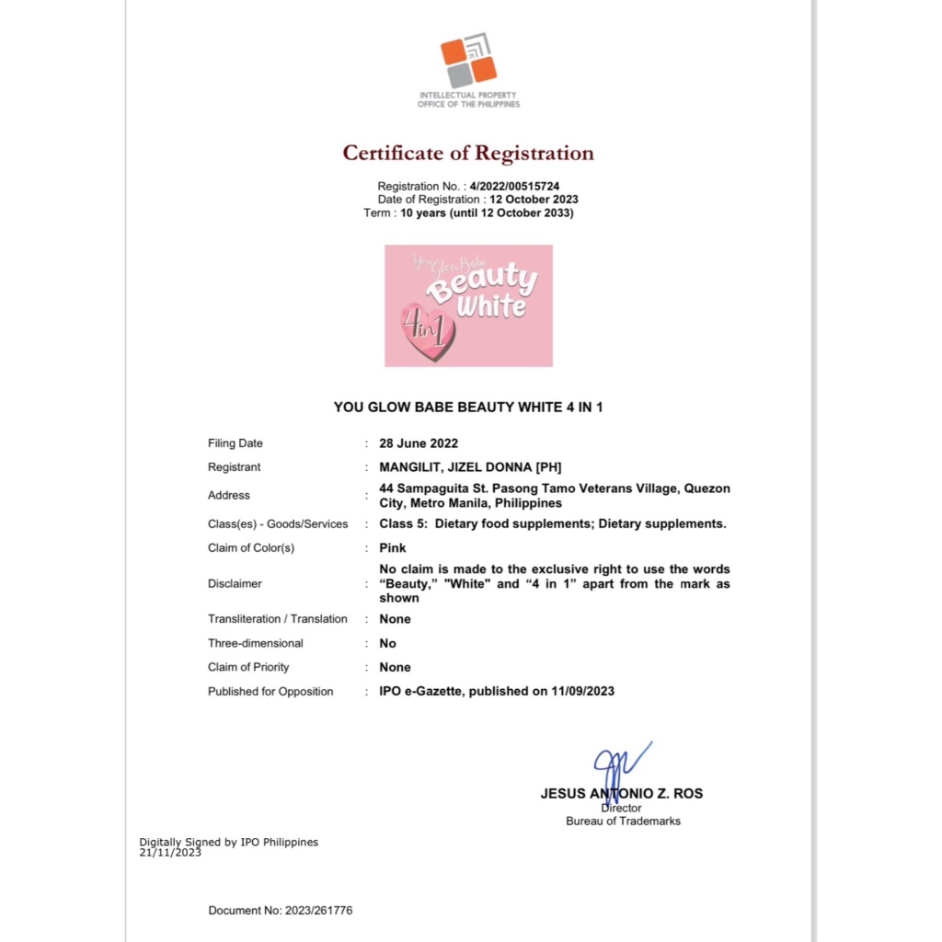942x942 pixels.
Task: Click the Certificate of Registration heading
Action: [x=468, y=153]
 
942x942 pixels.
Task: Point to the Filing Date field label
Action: [x=235, y=443]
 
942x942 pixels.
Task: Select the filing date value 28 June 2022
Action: [x=419, y=443]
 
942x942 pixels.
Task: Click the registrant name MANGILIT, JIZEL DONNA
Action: [x=470, y=467]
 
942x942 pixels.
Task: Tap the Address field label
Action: [x=229, y=495]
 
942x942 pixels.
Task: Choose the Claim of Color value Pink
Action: [x=393, y=548]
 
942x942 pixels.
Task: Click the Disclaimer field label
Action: [x=235, y=583]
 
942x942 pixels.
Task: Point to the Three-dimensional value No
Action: [x=387, y=643]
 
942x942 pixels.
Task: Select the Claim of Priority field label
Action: [x=248, y=667]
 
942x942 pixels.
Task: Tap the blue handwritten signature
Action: [x=618, y=765]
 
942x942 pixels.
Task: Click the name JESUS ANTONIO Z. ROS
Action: [x=622, y=793]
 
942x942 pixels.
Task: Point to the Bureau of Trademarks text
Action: [x=623, y=821]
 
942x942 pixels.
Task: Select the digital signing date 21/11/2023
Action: [x=170, y=853]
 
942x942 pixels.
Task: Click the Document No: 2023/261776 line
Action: [x=281, y=911]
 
